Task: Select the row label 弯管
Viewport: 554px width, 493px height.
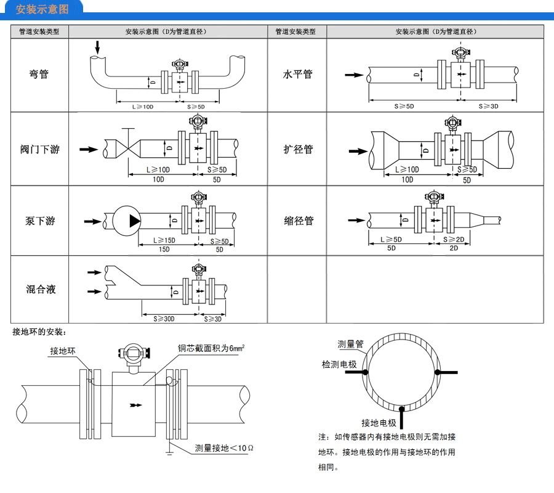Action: coord(39,74)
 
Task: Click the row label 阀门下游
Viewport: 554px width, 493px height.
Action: coord(39,149)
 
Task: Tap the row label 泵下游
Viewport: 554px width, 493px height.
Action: coord(39,221)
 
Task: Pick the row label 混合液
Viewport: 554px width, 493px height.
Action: coord(39,289)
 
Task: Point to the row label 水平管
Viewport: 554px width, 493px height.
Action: coord(297,74)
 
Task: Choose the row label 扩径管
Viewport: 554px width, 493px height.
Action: coord(297,149)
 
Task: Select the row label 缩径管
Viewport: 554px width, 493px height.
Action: coord(297,221)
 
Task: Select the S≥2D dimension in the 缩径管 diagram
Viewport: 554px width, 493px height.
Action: coord(454,239)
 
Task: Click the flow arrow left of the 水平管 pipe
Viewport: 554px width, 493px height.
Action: coord(353,75)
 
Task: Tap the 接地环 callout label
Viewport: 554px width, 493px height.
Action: coord(63,351)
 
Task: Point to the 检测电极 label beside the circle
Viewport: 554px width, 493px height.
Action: coord(339,365)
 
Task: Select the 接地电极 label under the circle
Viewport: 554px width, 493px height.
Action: coord(379,423)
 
